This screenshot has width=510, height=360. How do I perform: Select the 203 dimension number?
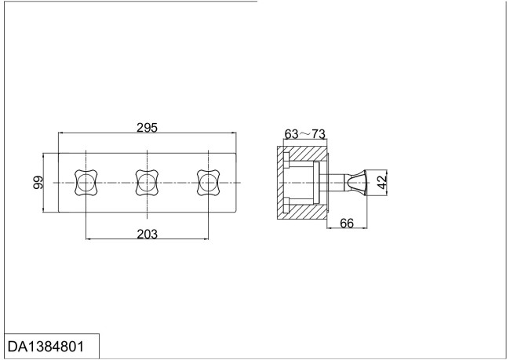147,233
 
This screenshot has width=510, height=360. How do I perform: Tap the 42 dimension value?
382,182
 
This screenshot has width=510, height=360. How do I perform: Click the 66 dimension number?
348,224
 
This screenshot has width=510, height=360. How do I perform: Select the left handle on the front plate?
84,183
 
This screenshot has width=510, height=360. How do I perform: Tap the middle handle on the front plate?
146,183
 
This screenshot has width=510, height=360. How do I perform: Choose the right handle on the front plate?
207,183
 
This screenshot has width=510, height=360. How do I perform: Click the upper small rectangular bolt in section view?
286,161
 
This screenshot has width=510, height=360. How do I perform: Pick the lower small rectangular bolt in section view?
286,205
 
